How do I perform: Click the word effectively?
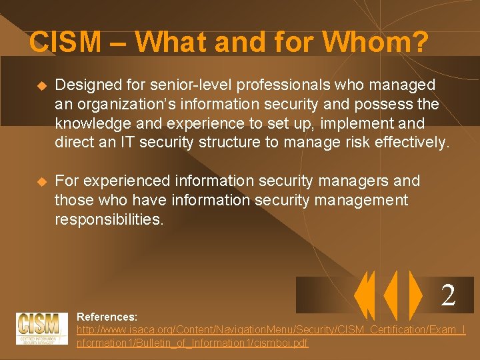[415, 143]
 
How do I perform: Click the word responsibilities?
[109, 219]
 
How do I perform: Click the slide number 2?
[448, 295]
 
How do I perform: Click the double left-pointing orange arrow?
[365, 295]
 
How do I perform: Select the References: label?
[107, 317]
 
